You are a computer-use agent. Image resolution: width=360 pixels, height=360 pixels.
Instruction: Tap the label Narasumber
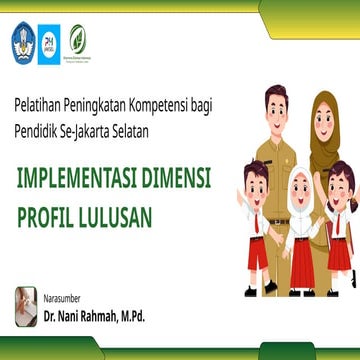65,297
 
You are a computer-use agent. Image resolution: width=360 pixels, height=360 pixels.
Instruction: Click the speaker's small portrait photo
26,304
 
